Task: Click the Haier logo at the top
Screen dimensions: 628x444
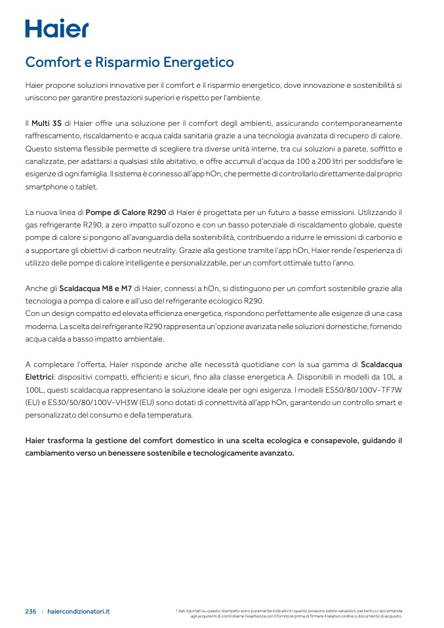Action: [56, 28]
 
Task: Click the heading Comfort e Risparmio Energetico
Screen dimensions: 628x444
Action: [129, 62]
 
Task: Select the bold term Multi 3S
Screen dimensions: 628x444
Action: [47, 123]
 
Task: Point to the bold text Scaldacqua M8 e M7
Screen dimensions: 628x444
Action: [96, 288]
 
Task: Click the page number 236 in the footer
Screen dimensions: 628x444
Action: [31, 611]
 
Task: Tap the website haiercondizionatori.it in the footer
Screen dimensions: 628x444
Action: [79, 611]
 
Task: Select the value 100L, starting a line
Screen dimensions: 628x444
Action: [35, 390]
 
